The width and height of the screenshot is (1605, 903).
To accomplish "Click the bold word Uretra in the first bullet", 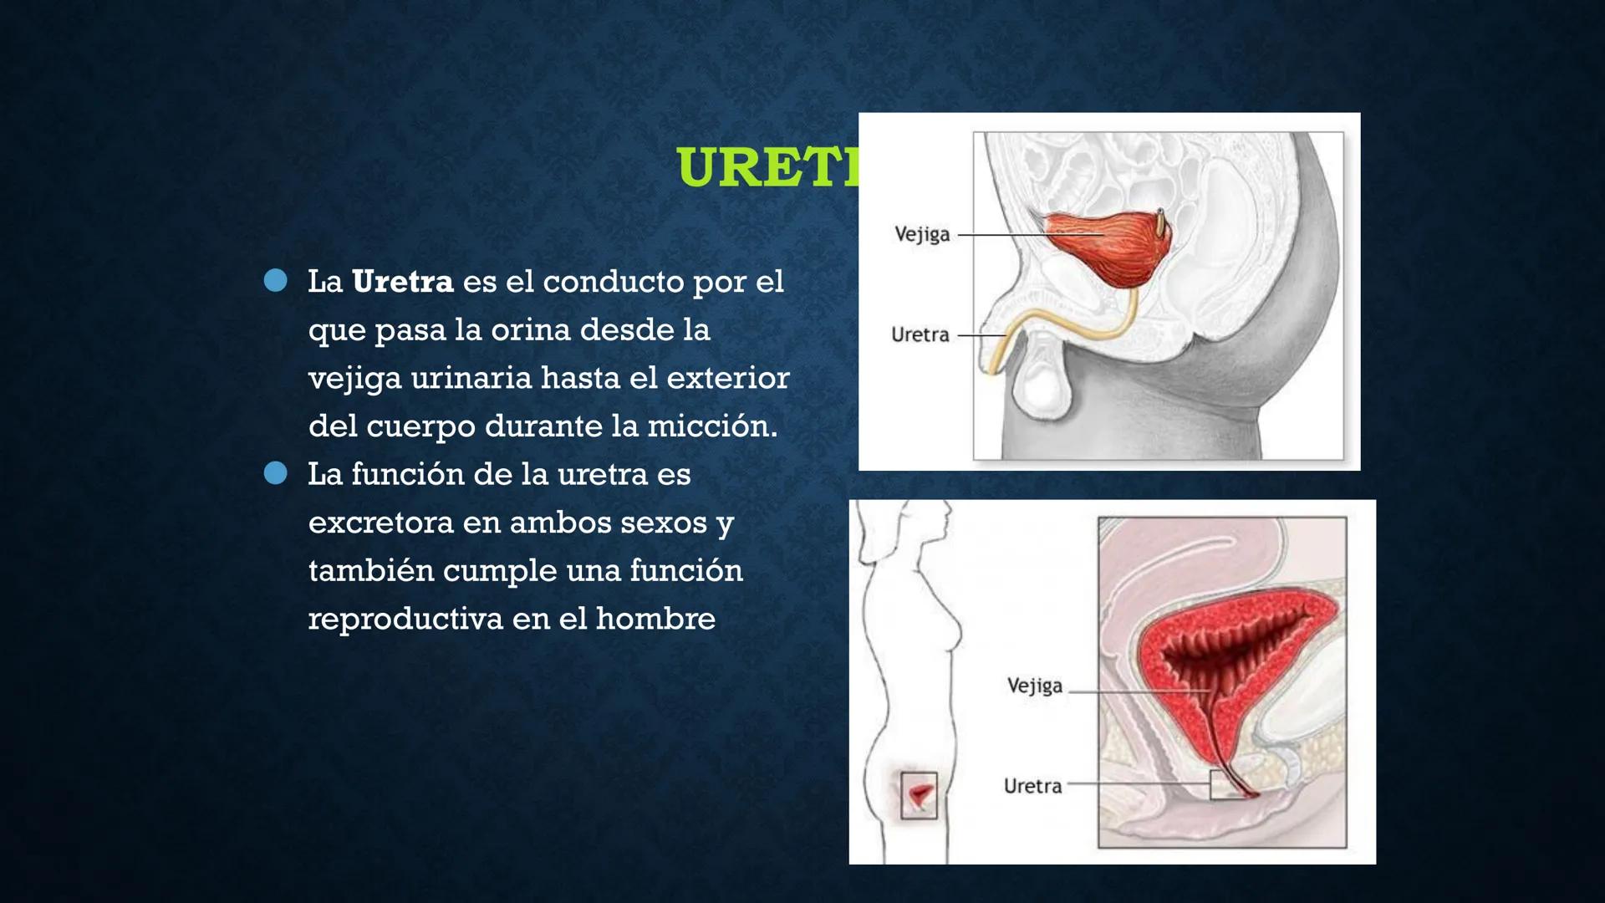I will tap(402, 282).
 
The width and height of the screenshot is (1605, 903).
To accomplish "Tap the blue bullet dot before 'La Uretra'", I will tap(275, 280).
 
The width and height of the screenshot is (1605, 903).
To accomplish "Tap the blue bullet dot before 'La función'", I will tap(275, 473).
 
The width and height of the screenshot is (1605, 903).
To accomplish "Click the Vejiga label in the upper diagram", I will tap(922, 234).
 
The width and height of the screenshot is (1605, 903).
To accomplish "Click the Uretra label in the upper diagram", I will tap(920, 335).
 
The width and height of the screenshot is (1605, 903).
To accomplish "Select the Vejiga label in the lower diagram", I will tap(1034, 686).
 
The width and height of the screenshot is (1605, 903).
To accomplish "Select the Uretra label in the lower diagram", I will tap(1032, 786).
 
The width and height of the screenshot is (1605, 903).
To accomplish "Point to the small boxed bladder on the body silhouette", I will tap(920, 794).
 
